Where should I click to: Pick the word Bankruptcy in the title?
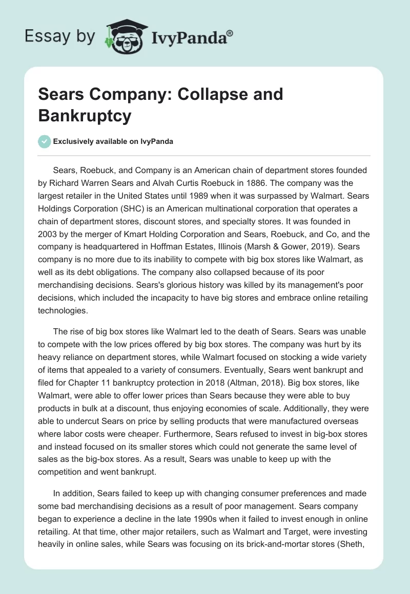click(x=85, y=116)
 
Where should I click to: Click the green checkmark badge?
click(x=45, y=141)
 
